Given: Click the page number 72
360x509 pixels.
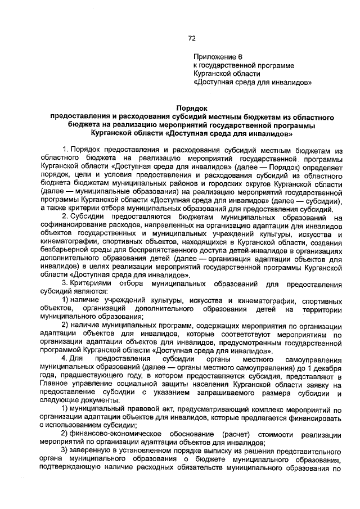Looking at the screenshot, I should coord(191,38).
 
